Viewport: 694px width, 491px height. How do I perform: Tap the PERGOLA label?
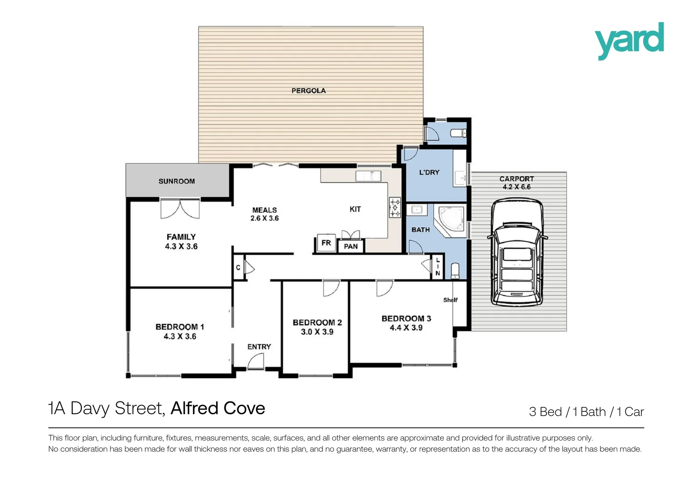(308, 91)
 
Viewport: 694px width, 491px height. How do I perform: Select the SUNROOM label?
(177, 181)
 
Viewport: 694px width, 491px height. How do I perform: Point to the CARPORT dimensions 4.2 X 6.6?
(516, 187)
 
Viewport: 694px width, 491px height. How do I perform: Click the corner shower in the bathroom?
(450, 220)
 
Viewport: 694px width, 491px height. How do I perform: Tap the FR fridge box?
(326, 243)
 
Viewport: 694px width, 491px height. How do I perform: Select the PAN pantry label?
(351, 246)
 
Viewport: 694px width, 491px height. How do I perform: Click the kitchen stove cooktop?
(395, 207)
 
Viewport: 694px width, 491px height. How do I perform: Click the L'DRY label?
(429, 172)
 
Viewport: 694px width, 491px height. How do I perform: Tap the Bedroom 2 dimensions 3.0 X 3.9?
(317, 332)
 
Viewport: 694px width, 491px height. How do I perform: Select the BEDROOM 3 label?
(406, 319)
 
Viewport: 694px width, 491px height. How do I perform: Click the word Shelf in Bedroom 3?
(450, 300)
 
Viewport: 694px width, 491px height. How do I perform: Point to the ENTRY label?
(259, 347)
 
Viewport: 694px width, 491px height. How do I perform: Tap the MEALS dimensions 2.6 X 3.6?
(264, 218)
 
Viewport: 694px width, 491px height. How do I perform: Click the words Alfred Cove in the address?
(218, 408)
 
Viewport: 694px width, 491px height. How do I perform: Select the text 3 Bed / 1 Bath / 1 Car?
(586, 412)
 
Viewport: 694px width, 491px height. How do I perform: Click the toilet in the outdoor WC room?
(457, 133)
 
